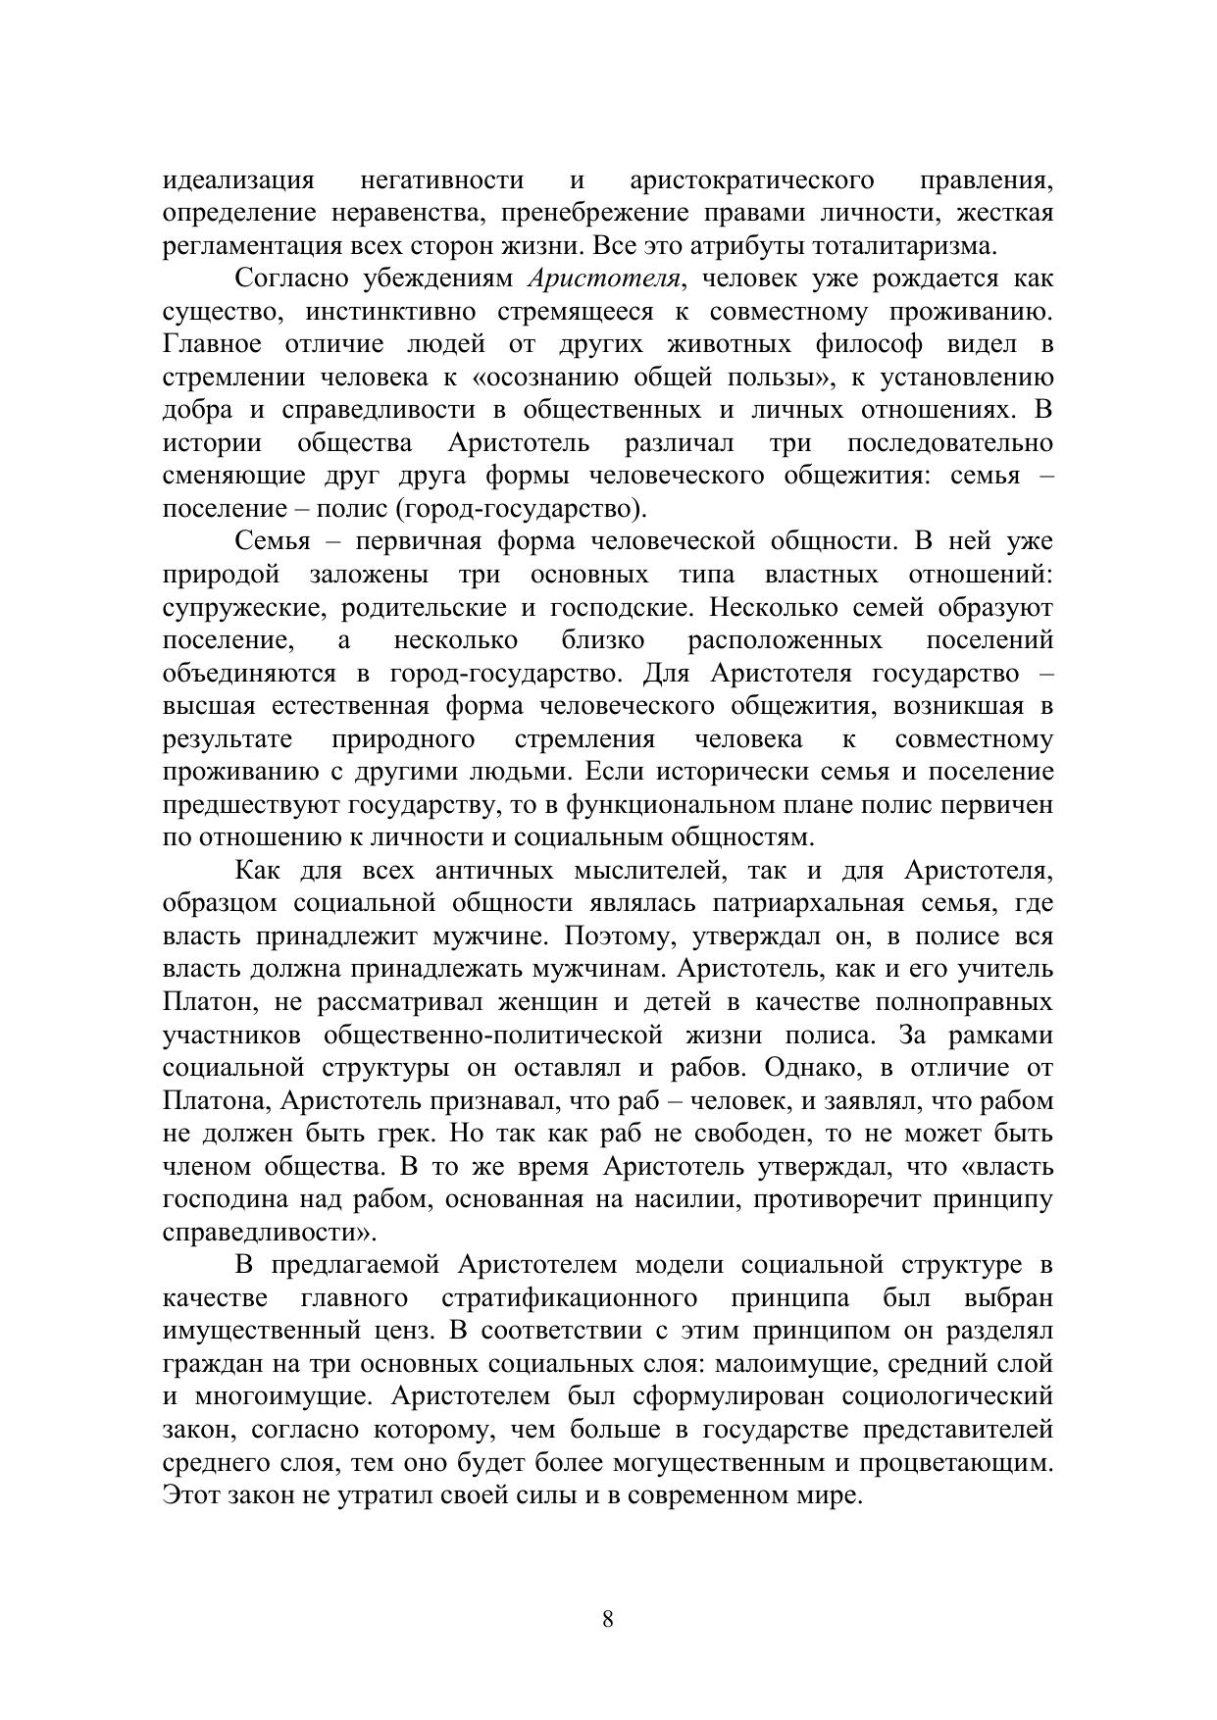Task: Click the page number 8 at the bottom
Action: [x=607, y=1619]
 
